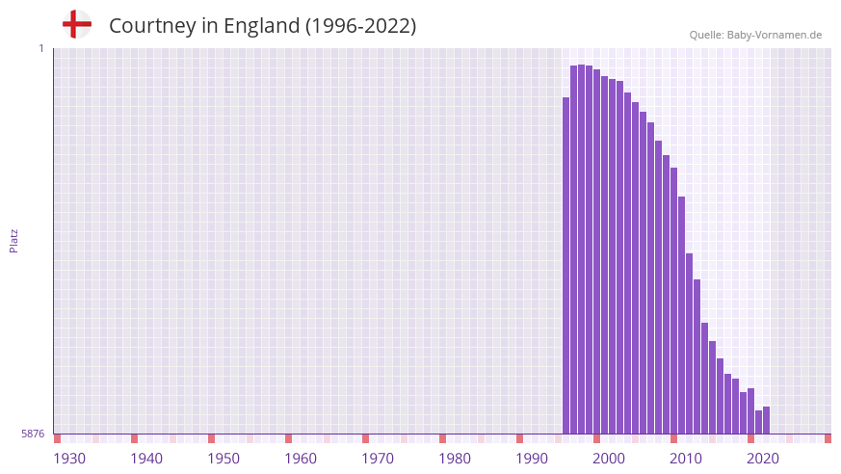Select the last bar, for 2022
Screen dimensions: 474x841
(767, 420)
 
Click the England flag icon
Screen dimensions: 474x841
(77, 24)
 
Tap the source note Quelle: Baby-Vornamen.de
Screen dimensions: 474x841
(755, 35)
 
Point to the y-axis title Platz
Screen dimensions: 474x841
(13, 240)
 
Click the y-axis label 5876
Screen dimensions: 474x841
(33, 434)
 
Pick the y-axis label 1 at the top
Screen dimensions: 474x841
(40, 48)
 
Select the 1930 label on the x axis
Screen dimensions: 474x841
(69, 458)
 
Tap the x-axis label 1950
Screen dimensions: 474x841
(223, 458)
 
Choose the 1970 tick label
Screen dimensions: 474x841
(378, 458)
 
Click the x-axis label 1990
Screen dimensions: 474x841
(532, 458)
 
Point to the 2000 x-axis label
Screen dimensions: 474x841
(609, 458)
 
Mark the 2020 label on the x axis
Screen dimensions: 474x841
(763, 458)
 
